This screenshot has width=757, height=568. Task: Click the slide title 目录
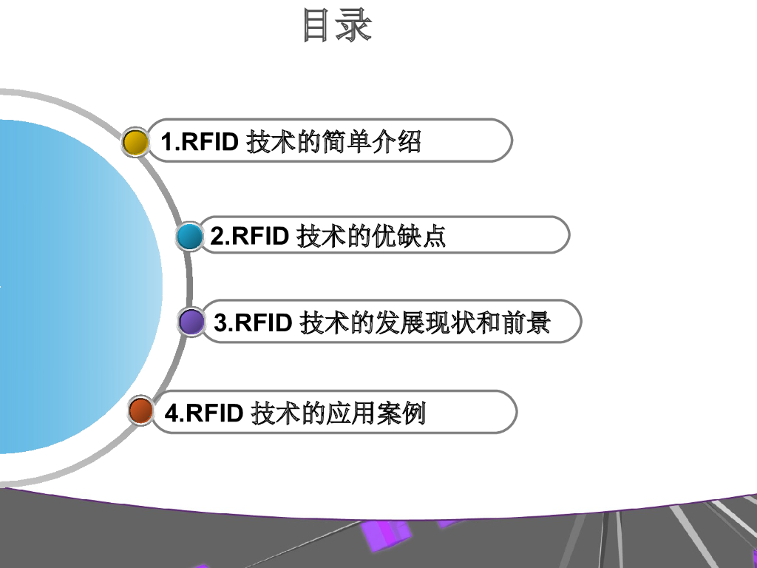(x=337, y=25)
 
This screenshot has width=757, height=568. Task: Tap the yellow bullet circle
(x=135, y=141)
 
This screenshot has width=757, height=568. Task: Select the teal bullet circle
(x=190, y=237)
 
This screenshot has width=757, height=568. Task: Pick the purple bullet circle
(x=191, y=322)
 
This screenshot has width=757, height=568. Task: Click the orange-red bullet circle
(x=140, y=411)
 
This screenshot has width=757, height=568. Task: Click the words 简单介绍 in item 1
(x=371, y=141)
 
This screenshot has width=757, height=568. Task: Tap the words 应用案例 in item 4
(x=376, y=413)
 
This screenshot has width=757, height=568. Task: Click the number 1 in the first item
(x=166, y=141)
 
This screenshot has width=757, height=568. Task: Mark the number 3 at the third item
(x=220, y=323)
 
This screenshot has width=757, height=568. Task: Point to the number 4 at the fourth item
(x=172, y=413)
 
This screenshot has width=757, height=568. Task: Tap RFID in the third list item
(x=262, y=323)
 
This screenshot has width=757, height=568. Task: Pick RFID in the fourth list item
(x=214, y=413)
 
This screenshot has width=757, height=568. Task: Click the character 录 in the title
(x=354, y=25)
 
